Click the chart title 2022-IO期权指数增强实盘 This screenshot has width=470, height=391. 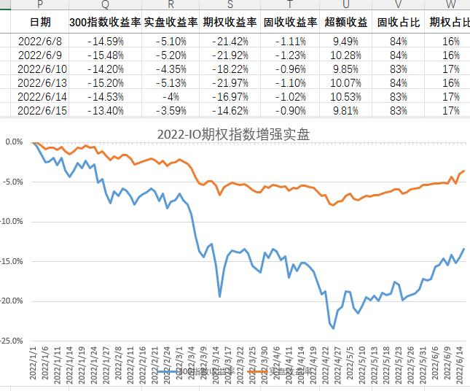pos(243,134)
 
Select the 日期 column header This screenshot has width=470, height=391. pos(40,22)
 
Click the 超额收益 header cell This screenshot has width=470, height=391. pos(346,22)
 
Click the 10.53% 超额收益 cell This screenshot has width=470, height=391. pos(346,96)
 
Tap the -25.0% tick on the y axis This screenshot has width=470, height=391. pos(12,340)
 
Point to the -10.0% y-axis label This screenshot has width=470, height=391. pos(12,221)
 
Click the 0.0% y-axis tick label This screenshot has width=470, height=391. pos(15,142)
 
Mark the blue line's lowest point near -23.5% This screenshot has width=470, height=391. pos(334,328)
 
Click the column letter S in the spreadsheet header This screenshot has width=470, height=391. pos(230,5)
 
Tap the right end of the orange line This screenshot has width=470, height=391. pos(463,171)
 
